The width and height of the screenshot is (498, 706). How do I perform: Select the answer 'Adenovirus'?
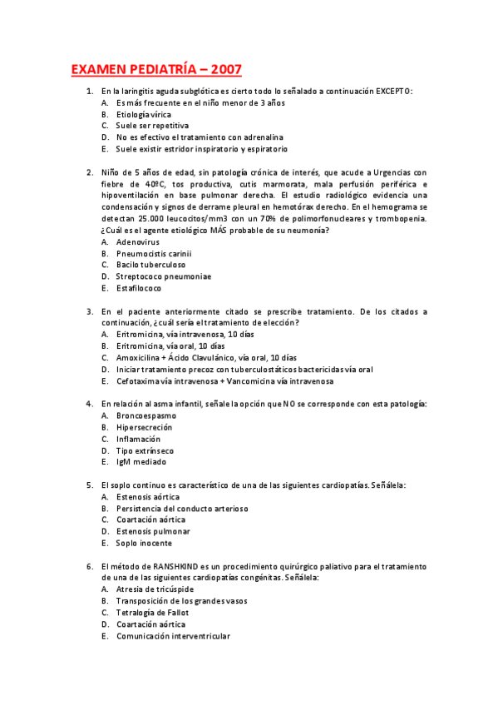[x=137, y=241]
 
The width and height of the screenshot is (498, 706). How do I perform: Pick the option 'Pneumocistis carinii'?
[x=154, y=253]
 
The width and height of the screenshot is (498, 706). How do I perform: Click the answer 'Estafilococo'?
[x=139, y=288]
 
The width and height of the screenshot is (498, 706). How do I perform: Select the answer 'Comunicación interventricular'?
[x=173, y=636]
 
